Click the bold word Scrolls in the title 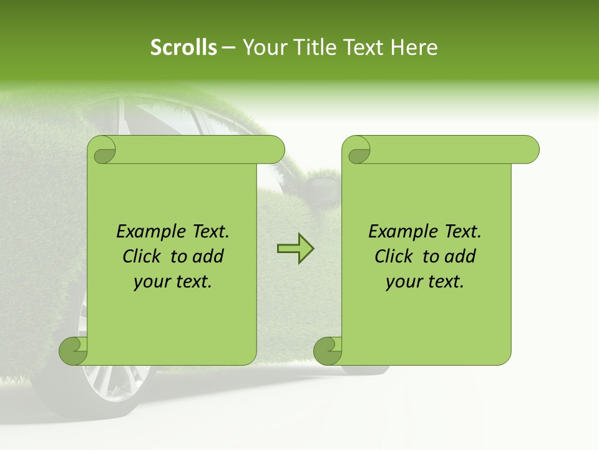184,47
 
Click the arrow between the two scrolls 295,249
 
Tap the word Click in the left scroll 141,256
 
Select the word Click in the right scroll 393,256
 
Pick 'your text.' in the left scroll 173,282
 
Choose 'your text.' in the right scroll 425,282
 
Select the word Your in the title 264,47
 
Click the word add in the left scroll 208,256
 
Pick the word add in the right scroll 460,256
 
